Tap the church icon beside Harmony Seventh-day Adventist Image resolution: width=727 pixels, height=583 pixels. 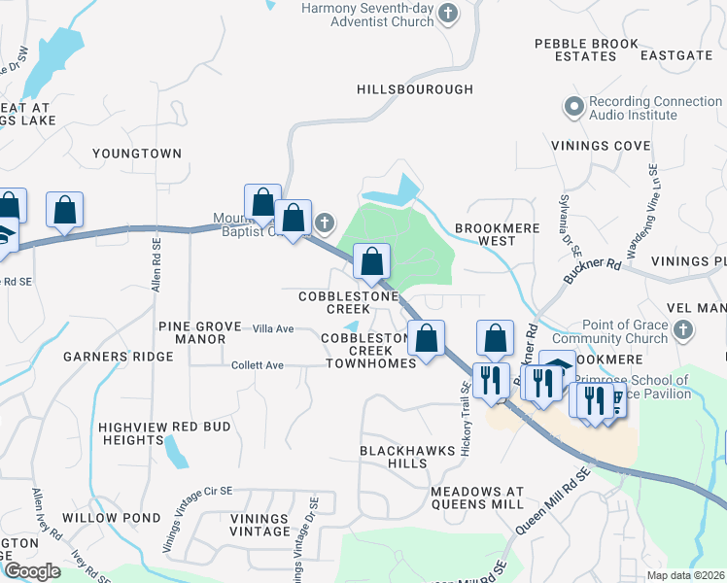pyautogui.click(x=448, y=13)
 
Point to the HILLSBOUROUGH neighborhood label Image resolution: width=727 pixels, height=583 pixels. pyautogui.click(x=415, y=89)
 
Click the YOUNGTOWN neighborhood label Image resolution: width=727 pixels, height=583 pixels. pyautogui.click(x=137, y=154)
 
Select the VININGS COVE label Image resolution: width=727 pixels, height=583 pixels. pyautogui.click(x=601, y=146)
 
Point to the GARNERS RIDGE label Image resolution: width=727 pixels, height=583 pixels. pyautogui.click(x=119, y=357)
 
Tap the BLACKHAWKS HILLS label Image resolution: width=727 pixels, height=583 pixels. pyautogui.click(x=394, y=458)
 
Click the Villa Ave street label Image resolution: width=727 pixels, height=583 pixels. pyautogui.click(x=273, y=329)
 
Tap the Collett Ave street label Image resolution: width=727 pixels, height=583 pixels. pyautogui.click(x=258, y=365)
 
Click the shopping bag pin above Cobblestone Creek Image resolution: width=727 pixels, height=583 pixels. pyautogui.click(x=371, y=259)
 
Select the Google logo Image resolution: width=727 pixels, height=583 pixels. pyautogui.click(x=32, y=571)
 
